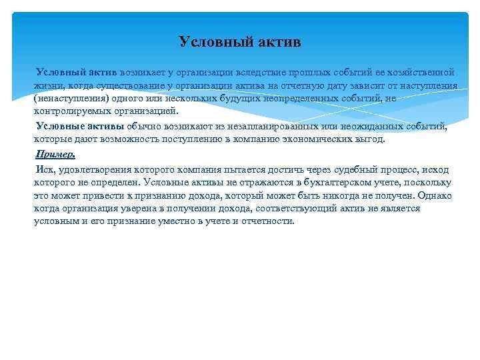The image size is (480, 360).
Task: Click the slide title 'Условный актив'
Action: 240,42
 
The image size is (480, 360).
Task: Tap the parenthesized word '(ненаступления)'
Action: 69,98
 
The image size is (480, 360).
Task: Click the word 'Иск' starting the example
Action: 45,169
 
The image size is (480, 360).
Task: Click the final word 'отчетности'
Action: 267,221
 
